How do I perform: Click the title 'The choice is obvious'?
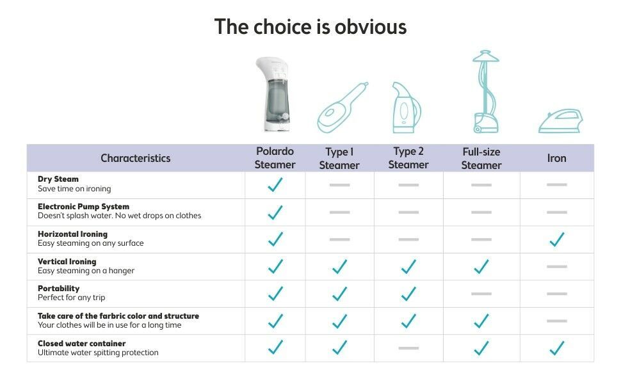[310, 27]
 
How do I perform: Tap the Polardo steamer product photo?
[273, 94]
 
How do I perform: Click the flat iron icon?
[560, 121]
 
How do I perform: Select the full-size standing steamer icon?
[485, 92]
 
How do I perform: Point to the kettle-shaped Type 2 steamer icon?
[407, 108]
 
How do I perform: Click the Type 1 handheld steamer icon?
[343, 108]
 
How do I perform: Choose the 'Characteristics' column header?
[136, 158]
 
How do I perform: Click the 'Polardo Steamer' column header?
[275, 158]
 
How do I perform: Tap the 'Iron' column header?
[556, 158]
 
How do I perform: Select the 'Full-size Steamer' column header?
[481, 158]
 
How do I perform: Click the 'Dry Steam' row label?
[58, 179]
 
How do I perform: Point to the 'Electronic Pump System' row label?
[84, 206]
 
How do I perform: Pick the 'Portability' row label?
[59, 288]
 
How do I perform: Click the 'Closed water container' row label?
[81, 343]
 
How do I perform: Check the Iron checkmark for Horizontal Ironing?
[557, 239]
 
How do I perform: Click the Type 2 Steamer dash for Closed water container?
[408, 348]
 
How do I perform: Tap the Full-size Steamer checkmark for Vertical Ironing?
[481, 266]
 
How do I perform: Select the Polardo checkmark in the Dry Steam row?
[275, 184]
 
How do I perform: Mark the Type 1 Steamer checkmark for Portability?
[339, 294]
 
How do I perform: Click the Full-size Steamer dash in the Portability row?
[481, 294]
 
